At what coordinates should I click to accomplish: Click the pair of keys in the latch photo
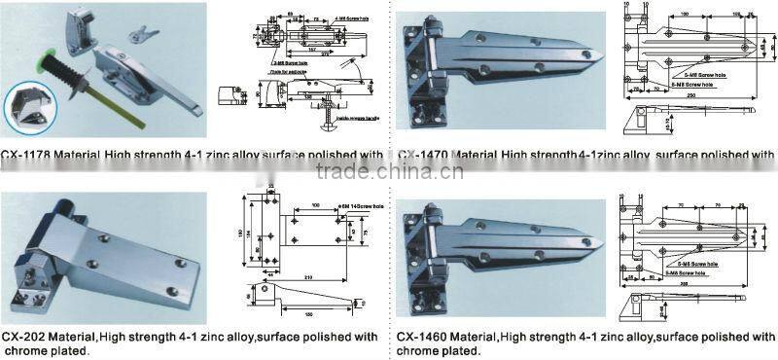pos(141,35)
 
